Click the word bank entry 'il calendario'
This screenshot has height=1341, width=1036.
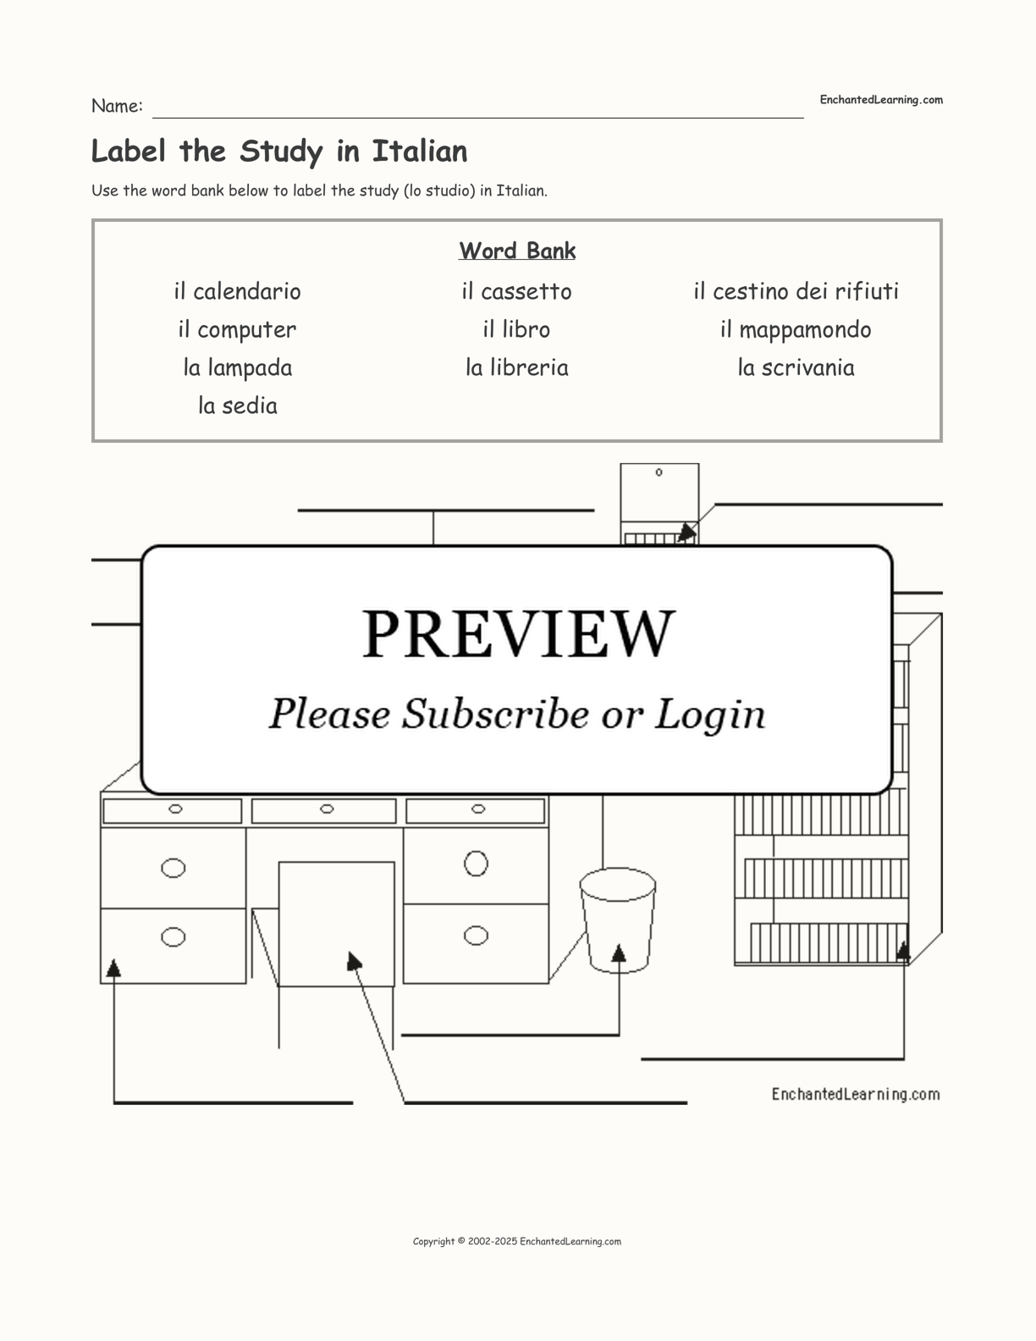[x=237, y=291]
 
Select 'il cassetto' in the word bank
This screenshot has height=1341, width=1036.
[x=516, y=291]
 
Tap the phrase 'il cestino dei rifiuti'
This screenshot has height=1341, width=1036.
[x=796, y=291]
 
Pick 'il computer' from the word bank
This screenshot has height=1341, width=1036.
[x=237, y=329]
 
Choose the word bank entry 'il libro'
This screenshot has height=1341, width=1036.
[x=516, y=329]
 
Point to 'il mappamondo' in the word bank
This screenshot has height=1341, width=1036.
[x=796, y=329]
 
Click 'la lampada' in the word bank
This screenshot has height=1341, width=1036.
[x=237, y=367]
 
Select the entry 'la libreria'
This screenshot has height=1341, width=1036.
[x=516, y=367]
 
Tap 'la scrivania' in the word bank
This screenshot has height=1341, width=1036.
[x=796, y=367]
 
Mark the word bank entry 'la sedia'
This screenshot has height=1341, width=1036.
[x=237, y=406]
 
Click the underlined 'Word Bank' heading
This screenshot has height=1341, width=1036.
[x=517, y=251]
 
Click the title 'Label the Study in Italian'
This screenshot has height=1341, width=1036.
[x=279, y=152]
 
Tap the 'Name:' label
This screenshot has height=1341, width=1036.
[x=117, y=106]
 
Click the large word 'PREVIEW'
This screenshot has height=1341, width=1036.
[x=518, y=633]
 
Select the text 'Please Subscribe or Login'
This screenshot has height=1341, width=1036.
[x=517, y=714]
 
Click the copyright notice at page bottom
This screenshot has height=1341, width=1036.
[x=517, y=1242]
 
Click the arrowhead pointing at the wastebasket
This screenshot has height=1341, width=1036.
[x=619, y=953]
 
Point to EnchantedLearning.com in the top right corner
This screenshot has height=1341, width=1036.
[x=881, y=100]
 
